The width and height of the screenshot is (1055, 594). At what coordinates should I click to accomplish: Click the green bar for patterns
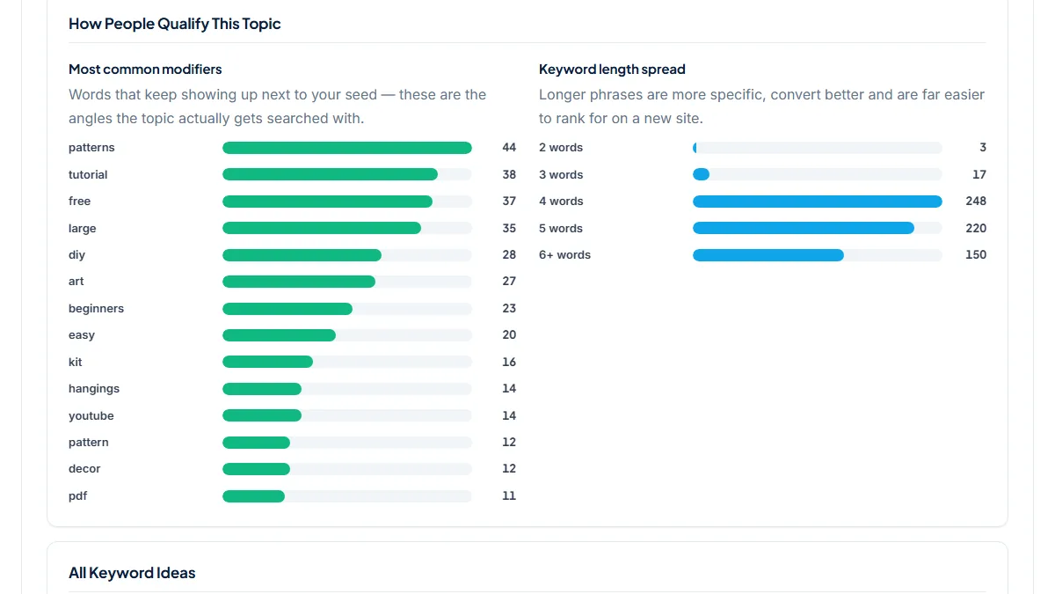coord(347,148)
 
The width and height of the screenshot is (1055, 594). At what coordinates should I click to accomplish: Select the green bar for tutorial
coord(330,174)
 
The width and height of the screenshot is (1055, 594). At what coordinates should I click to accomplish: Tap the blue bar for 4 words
coord(817,202)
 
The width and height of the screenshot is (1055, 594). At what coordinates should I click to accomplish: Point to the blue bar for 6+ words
coord(768,255)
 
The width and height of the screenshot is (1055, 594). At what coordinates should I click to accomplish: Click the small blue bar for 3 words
coord(701,174)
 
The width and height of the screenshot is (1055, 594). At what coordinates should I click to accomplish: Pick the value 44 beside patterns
coord(509,148)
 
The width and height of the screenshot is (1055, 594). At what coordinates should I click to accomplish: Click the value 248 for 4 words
coord(975,202)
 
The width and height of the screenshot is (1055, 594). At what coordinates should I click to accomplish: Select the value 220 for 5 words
coord(975,228)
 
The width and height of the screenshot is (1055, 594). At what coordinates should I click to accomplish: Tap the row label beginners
coord(96,308)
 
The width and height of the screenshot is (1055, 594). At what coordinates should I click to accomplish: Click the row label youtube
coord(91,415)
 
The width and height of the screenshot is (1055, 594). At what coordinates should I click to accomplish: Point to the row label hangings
coord(94,388)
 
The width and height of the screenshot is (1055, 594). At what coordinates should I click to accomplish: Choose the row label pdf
coord(77,496)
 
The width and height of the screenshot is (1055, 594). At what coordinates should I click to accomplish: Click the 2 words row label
coord(561,148)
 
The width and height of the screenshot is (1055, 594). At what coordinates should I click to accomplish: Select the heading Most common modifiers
coord(145,70)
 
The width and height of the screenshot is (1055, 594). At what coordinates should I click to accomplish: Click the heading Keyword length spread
coord(612,70)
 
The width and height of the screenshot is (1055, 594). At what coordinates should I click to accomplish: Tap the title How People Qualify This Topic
coord(174,24)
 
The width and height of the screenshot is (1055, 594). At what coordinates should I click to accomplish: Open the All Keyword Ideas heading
coord(132,573)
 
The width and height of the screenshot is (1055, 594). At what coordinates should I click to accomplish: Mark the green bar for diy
coord(302,255)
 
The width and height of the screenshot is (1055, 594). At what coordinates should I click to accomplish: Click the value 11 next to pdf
coord(509,496)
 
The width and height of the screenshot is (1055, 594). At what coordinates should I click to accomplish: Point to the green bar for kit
coord(267,362)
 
